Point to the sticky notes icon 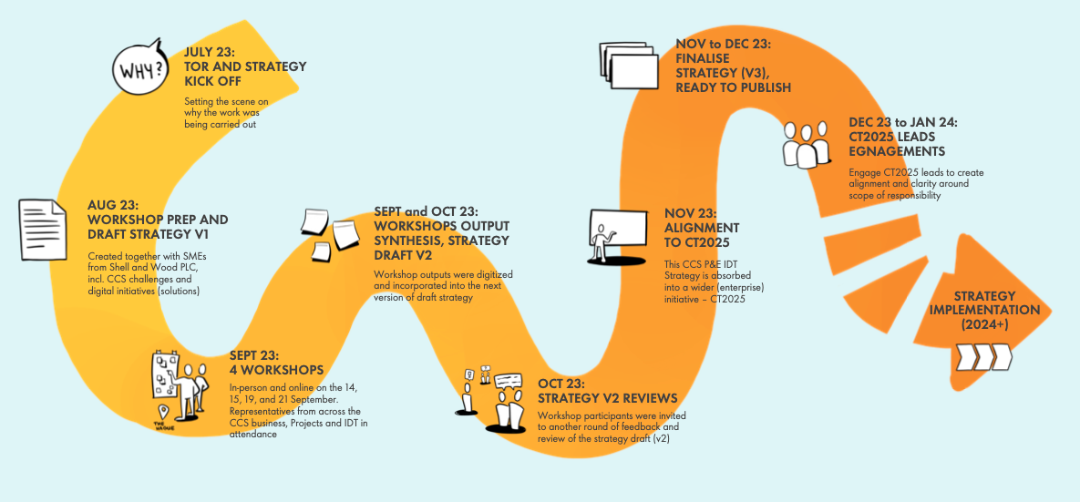coord(330,231)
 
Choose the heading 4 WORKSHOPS coord(276,370)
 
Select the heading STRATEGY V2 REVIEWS coord(607,398)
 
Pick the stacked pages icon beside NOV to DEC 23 coord(629,66)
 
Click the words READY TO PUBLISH coord(733,87)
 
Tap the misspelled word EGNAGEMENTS coord(897,151)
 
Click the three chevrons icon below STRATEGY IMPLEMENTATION coord(982,355)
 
